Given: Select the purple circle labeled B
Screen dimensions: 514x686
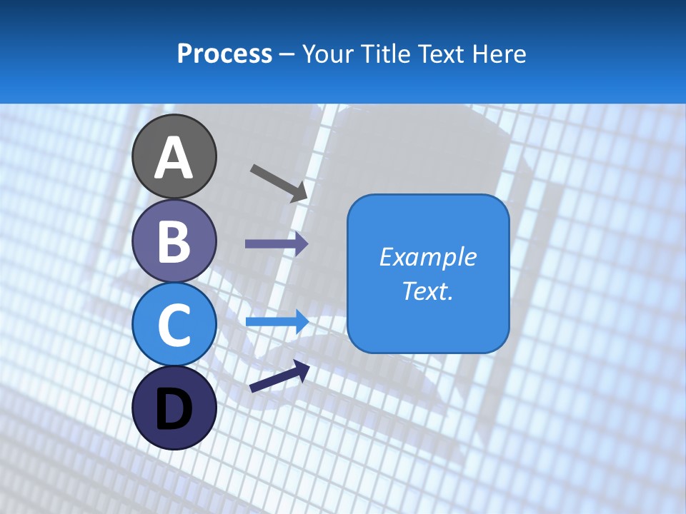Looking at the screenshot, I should pyautogui.click(x=174, y=240).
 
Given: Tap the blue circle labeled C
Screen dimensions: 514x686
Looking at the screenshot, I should pyautogui.click(x=174, y=324).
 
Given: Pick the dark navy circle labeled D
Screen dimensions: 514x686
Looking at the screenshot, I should pyautogui.click(x=174, y=408).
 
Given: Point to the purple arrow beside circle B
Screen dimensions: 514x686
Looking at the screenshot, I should pyautogui.click(x=276, y=244).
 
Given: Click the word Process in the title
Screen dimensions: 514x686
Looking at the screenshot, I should pyautogui.click(x=224, y=54).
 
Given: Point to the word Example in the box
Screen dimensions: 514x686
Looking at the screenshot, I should pyautogui.click(x=427, y=257).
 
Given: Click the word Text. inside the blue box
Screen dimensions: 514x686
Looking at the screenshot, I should pyautogui.click(x=427, y=291).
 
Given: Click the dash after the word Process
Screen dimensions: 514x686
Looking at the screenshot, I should pyautogui.click(x=287, y=55).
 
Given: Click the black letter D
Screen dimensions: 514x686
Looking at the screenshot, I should pyautogui.click(x=174, y=409).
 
